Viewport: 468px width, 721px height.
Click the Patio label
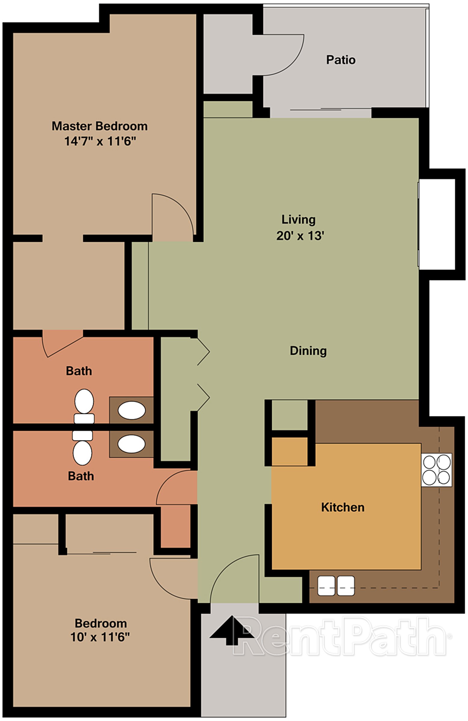point(340,60)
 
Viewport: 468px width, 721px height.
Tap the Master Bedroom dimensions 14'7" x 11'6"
point(100,141)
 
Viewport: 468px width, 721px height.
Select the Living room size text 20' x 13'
point(300,236)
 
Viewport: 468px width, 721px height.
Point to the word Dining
point(308,351)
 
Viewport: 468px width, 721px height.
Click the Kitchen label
point(343,507)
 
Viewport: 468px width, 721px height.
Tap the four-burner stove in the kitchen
point(436,470)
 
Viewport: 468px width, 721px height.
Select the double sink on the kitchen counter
point(335,586)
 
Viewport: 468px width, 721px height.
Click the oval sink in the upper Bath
point(132,410)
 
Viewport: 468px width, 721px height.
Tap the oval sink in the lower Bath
point(131,444)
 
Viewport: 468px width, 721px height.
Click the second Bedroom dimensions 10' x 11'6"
point(100,637)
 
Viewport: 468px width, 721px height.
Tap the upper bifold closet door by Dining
point(203,352)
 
